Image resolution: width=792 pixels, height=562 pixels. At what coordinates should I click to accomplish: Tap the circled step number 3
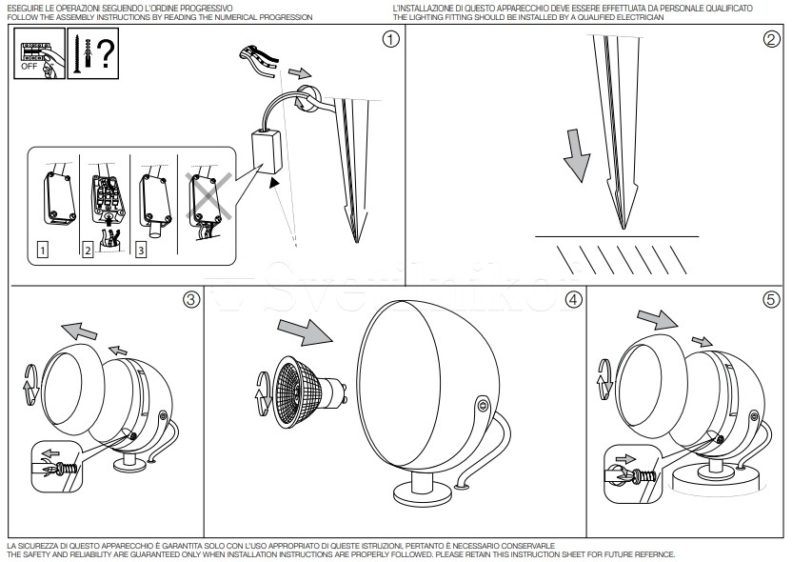191,299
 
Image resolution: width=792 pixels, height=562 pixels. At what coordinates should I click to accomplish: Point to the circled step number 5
772,299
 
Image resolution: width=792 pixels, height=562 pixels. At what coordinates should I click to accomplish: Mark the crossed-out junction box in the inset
206,199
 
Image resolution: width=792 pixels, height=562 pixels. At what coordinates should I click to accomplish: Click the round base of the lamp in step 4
423,494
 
